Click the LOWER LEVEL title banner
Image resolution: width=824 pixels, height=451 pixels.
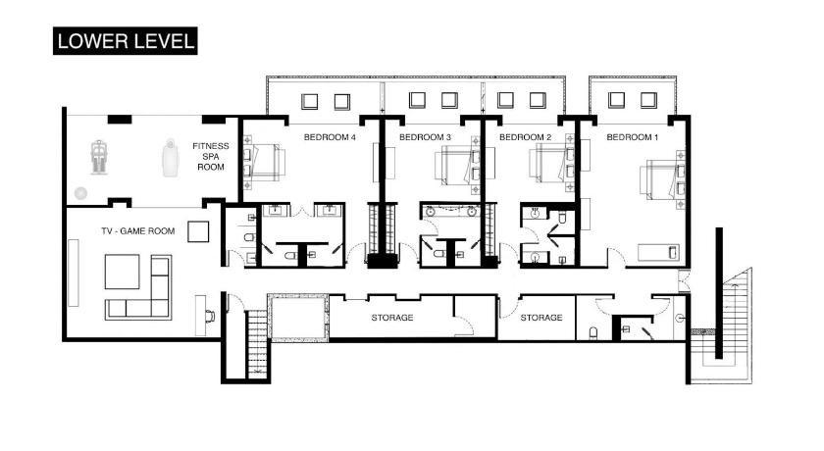[x=126, y=41]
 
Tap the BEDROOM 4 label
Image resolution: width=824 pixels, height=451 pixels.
[x=330, y=137]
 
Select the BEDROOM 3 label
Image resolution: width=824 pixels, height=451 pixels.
[x=425, y=137]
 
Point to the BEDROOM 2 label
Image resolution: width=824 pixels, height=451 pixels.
[x=525, y=137]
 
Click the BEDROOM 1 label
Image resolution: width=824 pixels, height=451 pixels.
[x=632, y=137]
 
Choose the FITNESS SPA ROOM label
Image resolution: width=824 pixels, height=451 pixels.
[x=211, y=157]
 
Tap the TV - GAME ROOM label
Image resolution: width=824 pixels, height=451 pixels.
[x=137, y=231]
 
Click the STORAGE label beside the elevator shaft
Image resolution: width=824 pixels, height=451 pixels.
[x=392, y=318]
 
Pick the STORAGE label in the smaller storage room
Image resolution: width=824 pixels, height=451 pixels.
[x=541, y=318]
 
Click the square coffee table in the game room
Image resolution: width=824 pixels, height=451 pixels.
[x=122, y=272]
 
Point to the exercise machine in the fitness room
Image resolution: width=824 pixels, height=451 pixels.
[x=98, y=157]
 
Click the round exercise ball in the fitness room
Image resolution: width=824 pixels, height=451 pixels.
[x=80, y=193]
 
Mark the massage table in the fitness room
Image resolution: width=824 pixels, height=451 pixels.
[x=169, y=158]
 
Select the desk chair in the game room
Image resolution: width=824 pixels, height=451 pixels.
[x=210, y=316]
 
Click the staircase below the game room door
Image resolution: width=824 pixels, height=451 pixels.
[x=257, y=344]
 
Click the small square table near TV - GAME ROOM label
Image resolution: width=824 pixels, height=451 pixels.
[x=198, y=231]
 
